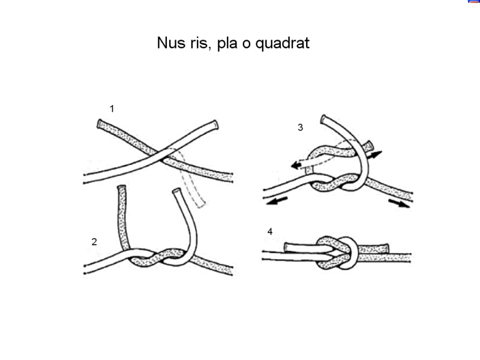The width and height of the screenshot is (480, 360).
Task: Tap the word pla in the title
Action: tap(227, 43)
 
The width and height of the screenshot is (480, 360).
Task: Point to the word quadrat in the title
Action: tap(282, 43)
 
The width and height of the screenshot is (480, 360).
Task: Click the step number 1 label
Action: tap(112, 109)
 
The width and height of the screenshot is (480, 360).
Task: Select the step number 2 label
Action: tap(94, 242)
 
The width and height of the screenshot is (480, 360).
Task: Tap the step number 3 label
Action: tap(301, 127)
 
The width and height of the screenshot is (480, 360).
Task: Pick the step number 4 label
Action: tap(269, 232)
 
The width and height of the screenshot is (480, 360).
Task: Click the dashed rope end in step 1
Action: tap(200, 203)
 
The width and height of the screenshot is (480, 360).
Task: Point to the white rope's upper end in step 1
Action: tap(216, 125)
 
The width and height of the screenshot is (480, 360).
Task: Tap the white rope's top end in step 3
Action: tap(323, 119)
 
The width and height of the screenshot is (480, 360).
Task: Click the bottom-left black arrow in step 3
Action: tap(277, 201)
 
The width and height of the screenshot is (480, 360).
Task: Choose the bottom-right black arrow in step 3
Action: tap(399, 203)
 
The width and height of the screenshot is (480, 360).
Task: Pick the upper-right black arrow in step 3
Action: tap(374, 155)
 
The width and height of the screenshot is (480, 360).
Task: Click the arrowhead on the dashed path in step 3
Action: tap(296, 166)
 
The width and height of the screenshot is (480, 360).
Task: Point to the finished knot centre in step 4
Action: tap(337, 253)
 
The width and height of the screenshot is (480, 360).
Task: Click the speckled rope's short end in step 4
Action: tap(374, 248)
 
